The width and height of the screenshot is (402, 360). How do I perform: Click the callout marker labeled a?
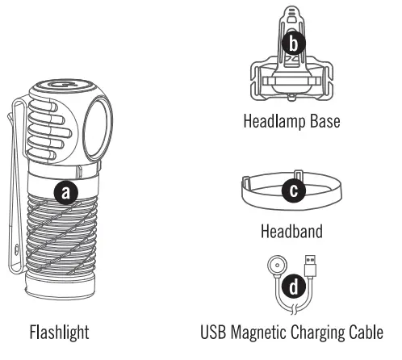pos(65,192)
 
